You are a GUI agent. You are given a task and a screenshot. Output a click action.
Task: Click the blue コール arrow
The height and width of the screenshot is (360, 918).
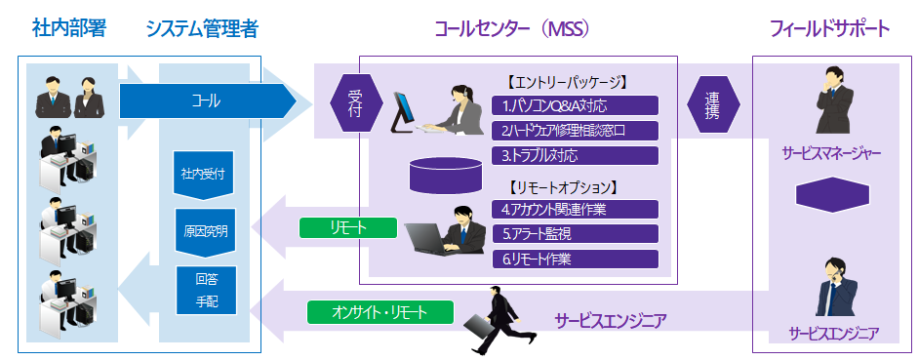tap(208, 100)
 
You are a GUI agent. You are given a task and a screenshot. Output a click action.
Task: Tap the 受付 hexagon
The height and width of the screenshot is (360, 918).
tap(356, 103)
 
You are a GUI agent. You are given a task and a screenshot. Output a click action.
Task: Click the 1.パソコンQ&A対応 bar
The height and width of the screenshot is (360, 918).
tap(576, 105)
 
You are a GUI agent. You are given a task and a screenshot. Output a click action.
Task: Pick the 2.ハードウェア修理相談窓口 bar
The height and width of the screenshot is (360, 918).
tap(576, 131)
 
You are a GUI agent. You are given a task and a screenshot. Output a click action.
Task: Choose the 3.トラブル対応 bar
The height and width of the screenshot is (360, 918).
tap(576, 156)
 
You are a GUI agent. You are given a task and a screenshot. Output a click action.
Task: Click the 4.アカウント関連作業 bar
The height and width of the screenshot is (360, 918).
tap(576, 209)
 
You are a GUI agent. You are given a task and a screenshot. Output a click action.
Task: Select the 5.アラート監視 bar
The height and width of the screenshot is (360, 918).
tap(576, 234)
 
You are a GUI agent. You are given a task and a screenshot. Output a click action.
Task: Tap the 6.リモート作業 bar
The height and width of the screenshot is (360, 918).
tap(576, 259)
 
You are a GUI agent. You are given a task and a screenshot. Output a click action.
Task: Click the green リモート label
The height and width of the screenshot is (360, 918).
tap(347, 228)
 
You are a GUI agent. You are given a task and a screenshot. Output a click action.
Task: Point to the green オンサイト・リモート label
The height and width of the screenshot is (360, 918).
tap(380, 312)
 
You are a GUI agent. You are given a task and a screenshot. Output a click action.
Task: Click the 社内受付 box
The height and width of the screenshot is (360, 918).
tap(203, 176)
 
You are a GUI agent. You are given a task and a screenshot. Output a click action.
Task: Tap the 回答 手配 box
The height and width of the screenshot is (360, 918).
tap(207, 291)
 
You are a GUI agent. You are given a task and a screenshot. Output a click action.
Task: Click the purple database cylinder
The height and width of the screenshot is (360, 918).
tap(446, 175)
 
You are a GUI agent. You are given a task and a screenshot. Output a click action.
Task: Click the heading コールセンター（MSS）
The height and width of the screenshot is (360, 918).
tap(512, 28)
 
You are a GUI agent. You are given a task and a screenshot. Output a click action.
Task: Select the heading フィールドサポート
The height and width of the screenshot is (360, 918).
tap(829, 28)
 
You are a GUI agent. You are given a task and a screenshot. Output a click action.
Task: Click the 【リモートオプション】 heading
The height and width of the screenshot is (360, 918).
tap(564, 187)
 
